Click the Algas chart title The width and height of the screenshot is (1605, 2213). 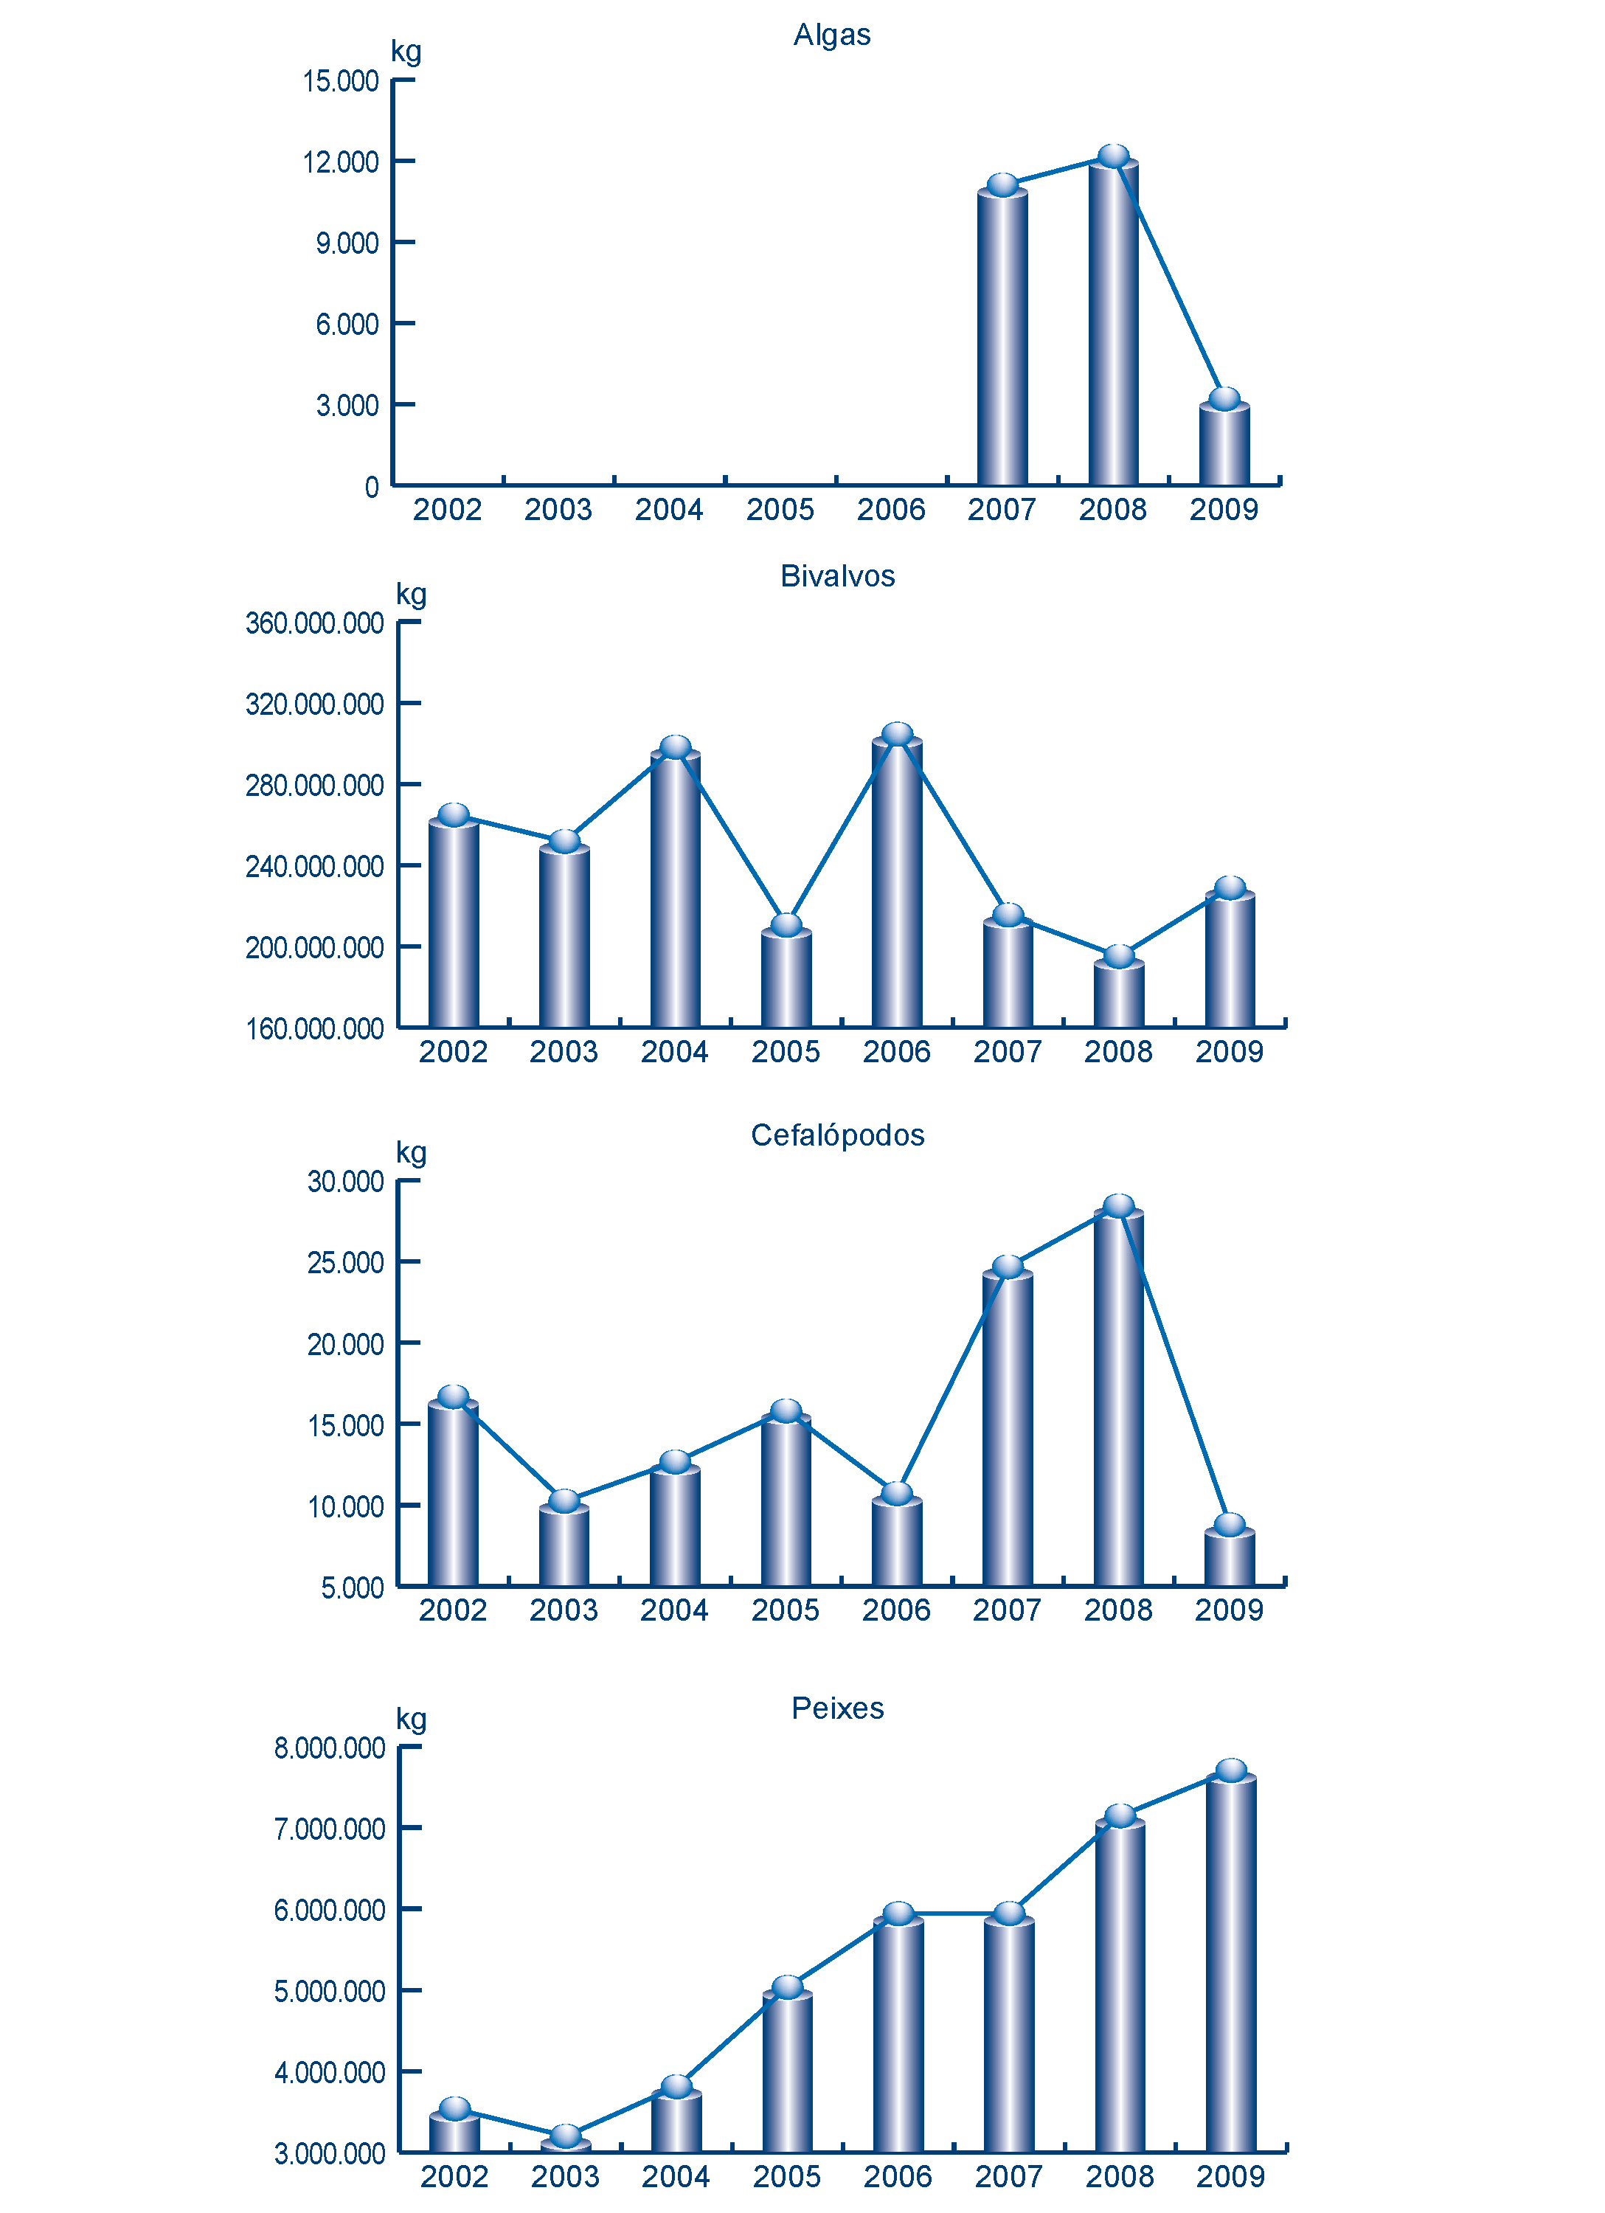point(831,35)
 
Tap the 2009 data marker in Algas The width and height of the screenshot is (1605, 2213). point(1224,399)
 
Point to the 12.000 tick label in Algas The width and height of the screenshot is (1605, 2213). point(341,162)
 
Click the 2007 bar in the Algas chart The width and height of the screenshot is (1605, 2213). point(1002,336)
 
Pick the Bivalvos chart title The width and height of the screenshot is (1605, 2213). point(837,577)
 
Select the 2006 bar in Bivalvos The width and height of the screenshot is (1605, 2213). point(897,883)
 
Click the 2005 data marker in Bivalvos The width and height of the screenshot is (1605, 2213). point(786,924)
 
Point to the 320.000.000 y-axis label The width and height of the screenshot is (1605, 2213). point(314,704)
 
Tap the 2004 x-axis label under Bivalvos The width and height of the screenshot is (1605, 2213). point(674,1052)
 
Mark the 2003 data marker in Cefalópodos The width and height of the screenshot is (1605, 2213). point(564,1500)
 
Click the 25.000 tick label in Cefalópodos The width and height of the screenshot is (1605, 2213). point(345,1264)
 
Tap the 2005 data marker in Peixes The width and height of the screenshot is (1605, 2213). point(787,1987)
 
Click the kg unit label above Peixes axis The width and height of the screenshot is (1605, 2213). point(411,1720)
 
